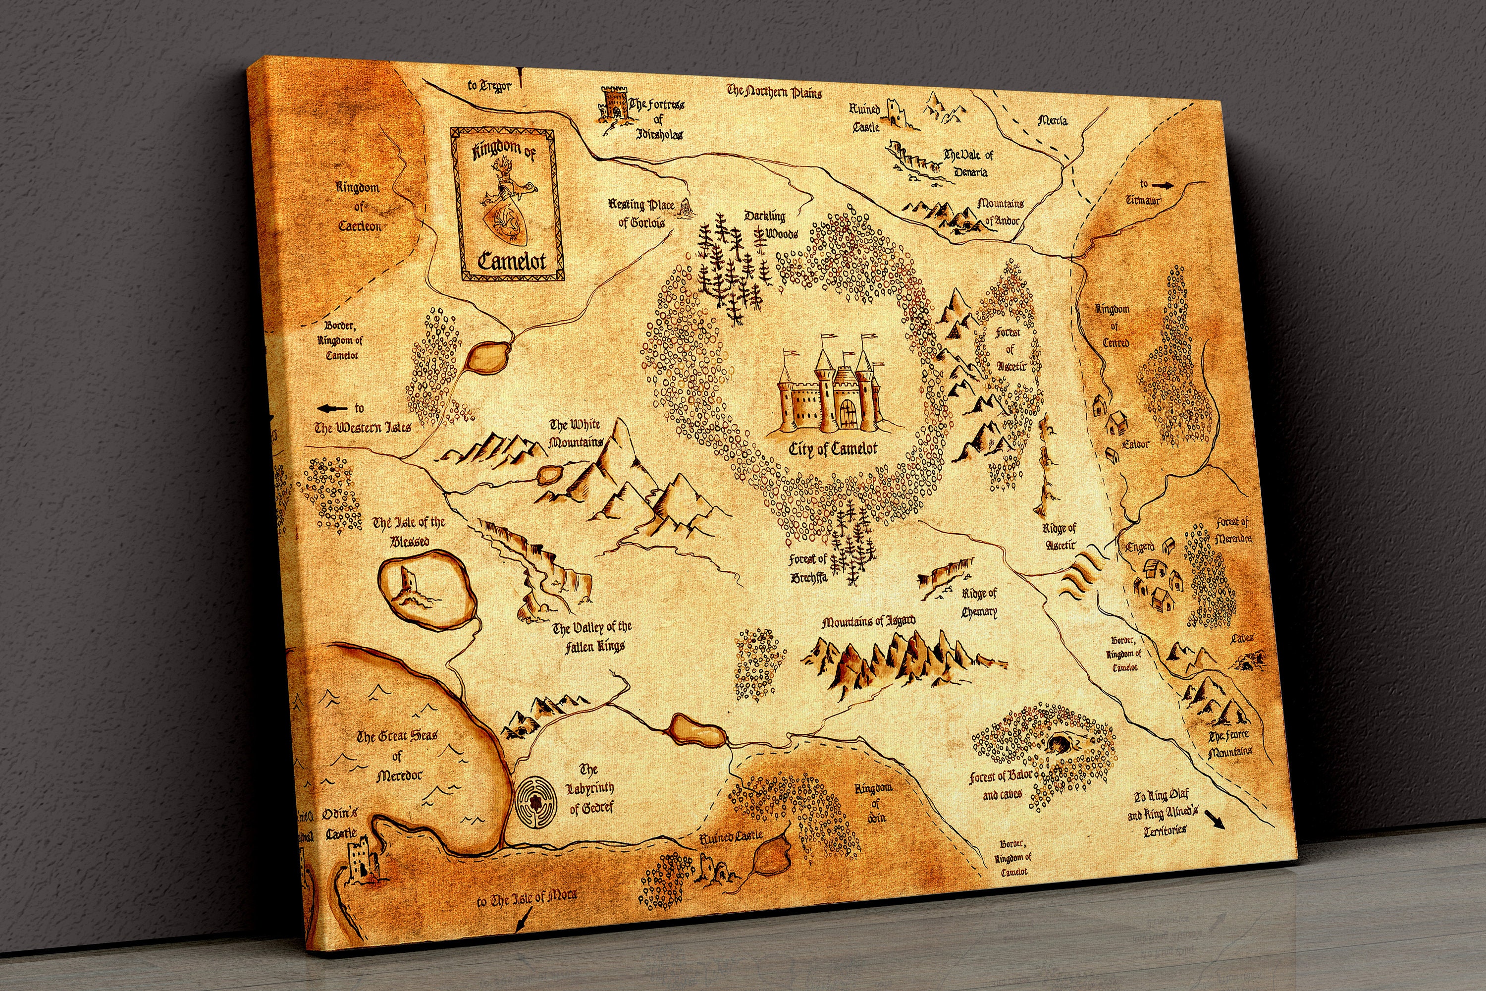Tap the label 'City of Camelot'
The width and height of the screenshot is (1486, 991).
point(833,449)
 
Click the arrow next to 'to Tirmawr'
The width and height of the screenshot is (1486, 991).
point(1161,185)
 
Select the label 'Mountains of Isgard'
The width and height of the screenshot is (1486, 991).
point(868,622)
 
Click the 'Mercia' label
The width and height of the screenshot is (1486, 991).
point(1053,120)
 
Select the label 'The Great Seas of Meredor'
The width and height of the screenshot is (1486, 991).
point(397,755)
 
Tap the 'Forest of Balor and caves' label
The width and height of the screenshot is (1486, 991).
point(1002,784)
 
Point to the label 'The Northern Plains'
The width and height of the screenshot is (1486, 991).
point(774,92)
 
